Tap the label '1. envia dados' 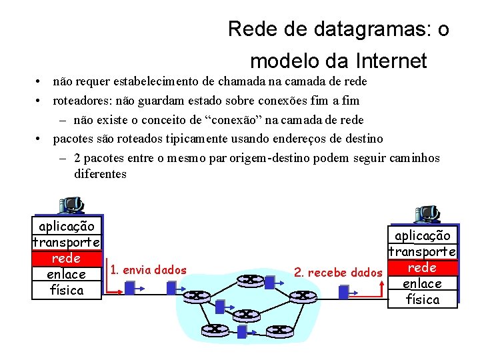click(x=149, y=269)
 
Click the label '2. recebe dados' click(x=339, y=272)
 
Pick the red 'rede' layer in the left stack click(x=66, y=258)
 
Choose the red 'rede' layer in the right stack click(x=422, y=267)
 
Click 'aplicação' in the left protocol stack click(x=67, y=226)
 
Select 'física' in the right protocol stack click(x=423, y=299)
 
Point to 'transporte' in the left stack click(x=67, y=242)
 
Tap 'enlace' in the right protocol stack click(x=422, y=283)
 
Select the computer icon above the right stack click(x=427, y=214)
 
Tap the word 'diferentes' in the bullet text click(x=101, y=174)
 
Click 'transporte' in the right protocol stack click(x=423, y=251)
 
